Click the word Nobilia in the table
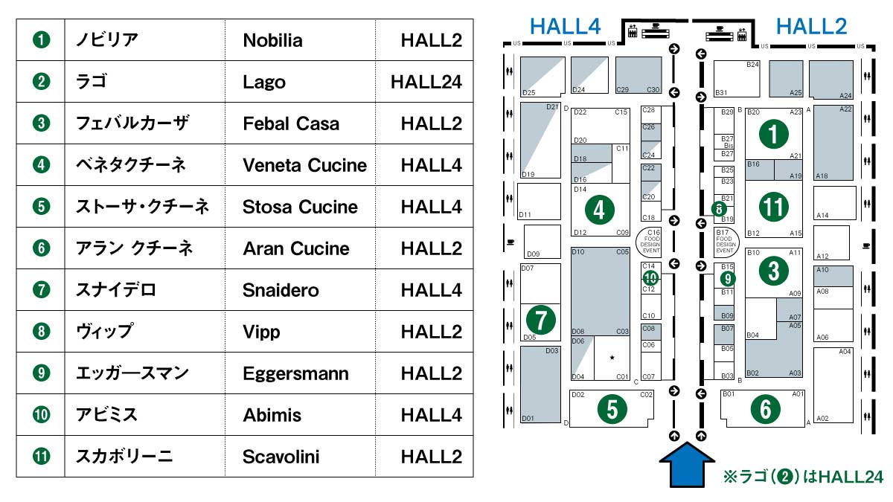click(x=272, y=40)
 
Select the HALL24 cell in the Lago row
click(x=426, y=82)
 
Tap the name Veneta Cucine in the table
click(x=304, y=165)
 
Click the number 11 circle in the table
click(x=42, y=456)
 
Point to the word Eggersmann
click(x=295, y=373)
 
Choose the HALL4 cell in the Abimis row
click(x=431, y=414)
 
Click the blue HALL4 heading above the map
click(x=565, y=27)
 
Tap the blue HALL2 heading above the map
click(x=811, y=27)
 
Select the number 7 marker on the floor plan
click(x=540, y=321)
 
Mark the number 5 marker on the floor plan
click(x=611, y=409)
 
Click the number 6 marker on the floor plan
click(x=764, y=408)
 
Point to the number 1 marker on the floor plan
click(x=774, y=135)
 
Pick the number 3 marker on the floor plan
click(x=774, y=271)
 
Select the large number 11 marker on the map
click(x=774, y=207)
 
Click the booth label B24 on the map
click(x=752, y=65)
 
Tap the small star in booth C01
click(x=612, y=358)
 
